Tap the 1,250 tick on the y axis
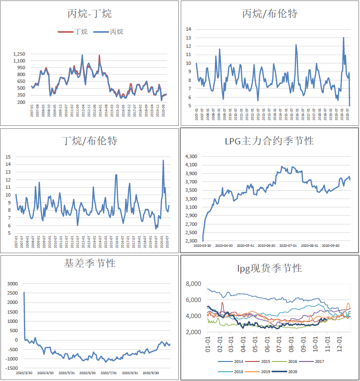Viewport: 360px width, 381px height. click(19, 54)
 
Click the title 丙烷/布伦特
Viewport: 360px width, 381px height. click(270, 14)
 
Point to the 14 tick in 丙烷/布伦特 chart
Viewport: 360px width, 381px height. click(188, 29)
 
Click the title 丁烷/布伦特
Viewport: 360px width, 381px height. click(90, 141)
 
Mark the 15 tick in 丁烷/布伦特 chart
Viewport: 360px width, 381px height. click(7, 157)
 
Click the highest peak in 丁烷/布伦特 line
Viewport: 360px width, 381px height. click(163, 160)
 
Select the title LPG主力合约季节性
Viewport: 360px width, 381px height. click(269, 141)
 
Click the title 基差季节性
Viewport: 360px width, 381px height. click(90, 263)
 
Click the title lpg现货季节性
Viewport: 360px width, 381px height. click(270, 268)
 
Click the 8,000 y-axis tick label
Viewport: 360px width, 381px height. click(194, 283)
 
